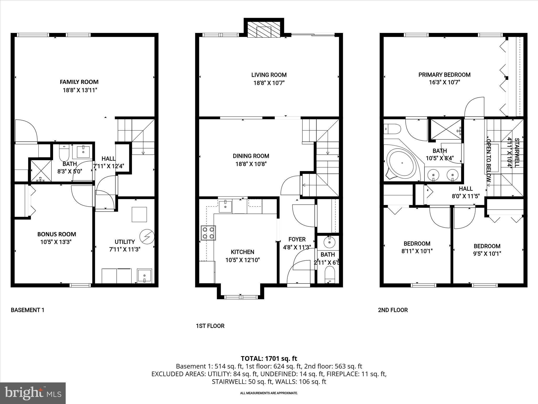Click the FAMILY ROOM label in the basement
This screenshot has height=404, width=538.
tap(79, 82)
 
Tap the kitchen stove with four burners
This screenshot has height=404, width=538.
tap(208, 233)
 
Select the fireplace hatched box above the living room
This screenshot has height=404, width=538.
tap(264, 29)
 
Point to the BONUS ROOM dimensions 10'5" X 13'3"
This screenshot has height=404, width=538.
tap(56, 242)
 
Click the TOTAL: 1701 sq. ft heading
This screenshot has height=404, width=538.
tap(269, 358)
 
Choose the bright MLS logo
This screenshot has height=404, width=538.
tap(33, 393)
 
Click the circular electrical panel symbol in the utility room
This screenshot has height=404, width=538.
tap(147, 236)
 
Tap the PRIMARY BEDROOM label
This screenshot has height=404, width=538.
tap(444, 75)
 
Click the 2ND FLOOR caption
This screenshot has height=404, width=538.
tap(393, 310)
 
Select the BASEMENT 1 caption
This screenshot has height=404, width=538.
tap(27, 310)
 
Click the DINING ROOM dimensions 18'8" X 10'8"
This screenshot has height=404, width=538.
tap(251, 164)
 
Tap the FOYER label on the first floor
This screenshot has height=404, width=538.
tap(297, 239)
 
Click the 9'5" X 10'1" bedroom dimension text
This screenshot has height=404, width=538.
tap(487, 254)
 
